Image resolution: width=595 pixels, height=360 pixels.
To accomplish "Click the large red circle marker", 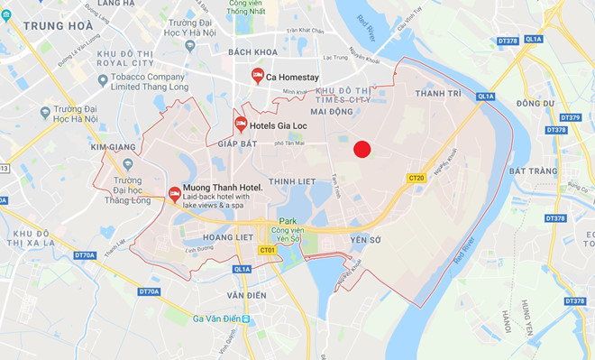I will [362, 150].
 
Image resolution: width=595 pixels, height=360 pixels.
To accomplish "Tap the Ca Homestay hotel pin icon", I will [257, 75].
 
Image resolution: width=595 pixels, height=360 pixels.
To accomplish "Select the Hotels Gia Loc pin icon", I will [241, 123].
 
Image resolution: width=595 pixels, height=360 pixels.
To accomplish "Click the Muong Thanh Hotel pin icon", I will [174, 192].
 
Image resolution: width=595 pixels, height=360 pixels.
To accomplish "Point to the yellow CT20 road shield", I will [416, 178].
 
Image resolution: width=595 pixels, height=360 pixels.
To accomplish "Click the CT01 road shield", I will [267, 250].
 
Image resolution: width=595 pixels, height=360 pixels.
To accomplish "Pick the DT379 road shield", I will [570, 117].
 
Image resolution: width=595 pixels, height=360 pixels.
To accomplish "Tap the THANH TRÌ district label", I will [437, 93].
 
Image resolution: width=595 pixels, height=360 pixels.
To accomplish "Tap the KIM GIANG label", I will [114, 146].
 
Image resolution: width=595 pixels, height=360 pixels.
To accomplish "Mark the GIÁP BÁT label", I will [239, 143].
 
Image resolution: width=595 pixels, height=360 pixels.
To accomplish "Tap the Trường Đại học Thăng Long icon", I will [127, 165].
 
